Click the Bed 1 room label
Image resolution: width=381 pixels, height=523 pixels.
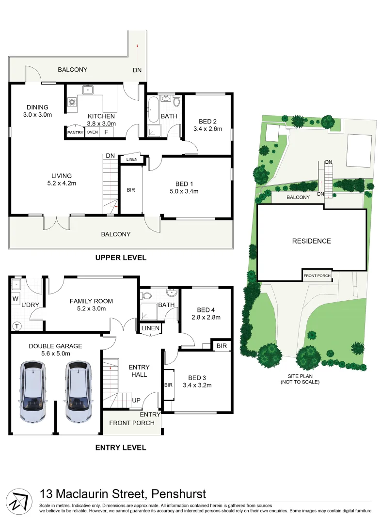184,184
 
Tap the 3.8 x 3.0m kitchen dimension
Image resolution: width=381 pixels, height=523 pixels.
101,123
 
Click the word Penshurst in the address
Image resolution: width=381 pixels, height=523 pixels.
179,494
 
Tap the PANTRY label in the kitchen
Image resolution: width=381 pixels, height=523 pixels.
75,132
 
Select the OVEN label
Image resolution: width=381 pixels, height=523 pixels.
92,132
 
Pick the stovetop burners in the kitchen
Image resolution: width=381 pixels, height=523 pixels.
72,102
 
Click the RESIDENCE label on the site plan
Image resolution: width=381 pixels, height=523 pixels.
311,241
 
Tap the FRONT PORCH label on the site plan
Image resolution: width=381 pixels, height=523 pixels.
317,276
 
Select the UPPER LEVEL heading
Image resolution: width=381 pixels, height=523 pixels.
121,258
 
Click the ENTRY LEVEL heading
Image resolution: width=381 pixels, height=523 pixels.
120,448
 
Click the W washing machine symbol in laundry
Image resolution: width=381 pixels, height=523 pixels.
16,299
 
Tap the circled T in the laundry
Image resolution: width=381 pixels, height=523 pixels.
16,326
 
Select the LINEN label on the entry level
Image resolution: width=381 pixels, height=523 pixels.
150,329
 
